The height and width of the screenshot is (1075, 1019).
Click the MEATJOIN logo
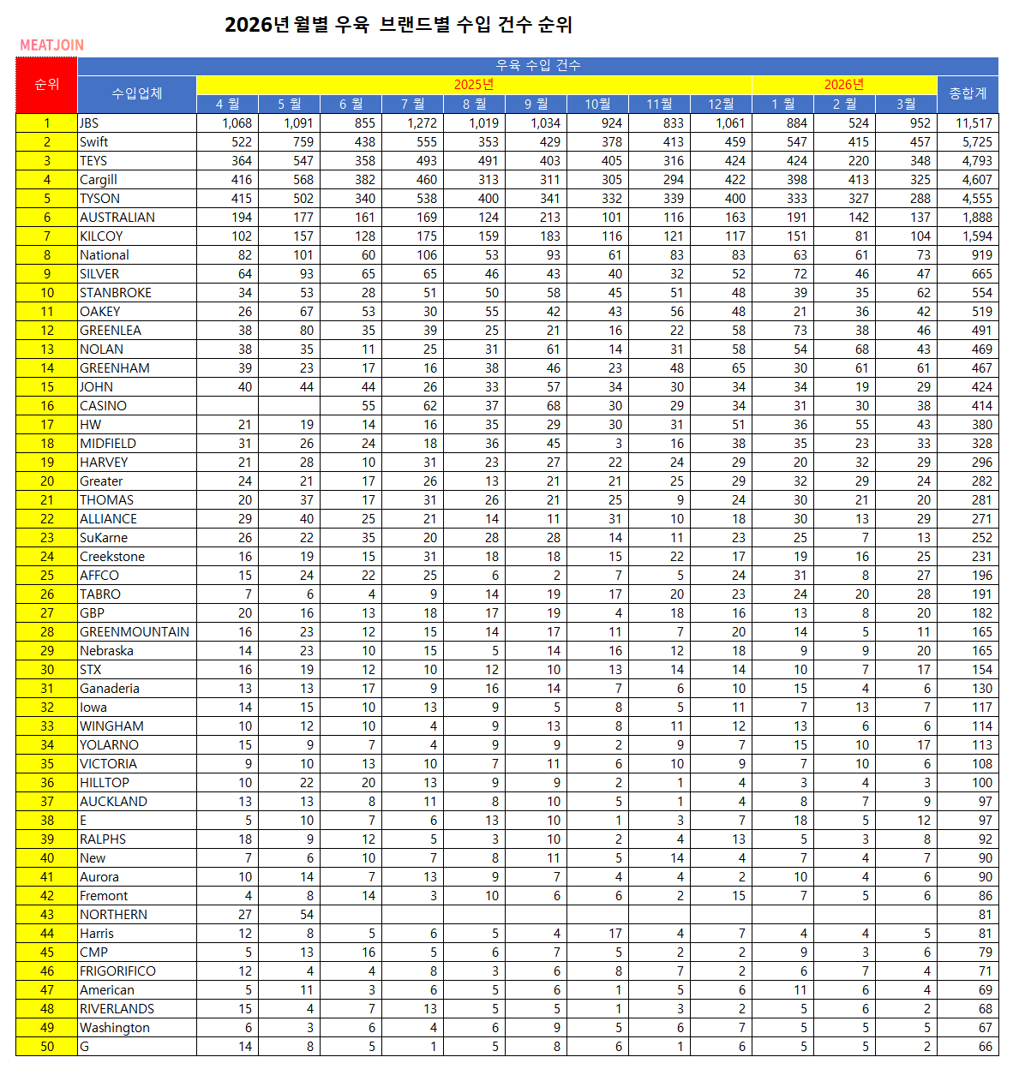coord(52,45)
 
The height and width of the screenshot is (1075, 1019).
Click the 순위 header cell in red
coord(47,85)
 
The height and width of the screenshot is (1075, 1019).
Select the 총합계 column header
coord(968,93)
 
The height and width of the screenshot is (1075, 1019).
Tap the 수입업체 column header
coord(137,93)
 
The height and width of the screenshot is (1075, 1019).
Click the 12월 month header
coord(721,104)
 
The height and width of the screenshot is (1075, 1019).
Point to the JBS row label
coord(89,123)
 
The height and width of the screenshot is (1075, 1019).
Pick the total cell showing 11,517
coord(974,123)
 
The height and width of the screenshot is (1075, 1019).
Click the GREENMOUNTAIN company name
coord(135,632)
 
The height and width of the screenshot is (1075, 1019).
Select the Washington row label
coord(115,1028)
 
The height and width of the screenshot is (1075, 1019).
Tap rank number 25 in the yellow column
coord(47,576)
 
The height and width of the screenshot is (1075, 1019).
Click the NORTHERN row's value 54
coord(303,915)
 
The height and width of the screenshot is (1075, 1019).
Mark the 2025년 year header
coord(474,85)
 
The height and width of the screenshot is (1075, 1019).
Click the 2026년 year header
coord(844,85)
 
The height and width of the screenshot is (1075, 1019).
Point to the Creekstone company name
coord(112,557)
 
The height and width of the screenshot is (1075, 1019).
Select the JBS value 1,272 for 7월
coord(422,123)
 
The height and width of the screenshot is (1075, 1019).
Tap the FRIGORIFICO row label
coord(117,971)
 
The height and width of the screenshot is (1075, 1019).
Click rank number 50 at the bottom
coord(47,1047)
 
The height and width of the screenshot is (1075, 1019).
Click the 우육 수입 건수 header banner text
coord(538,65)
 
